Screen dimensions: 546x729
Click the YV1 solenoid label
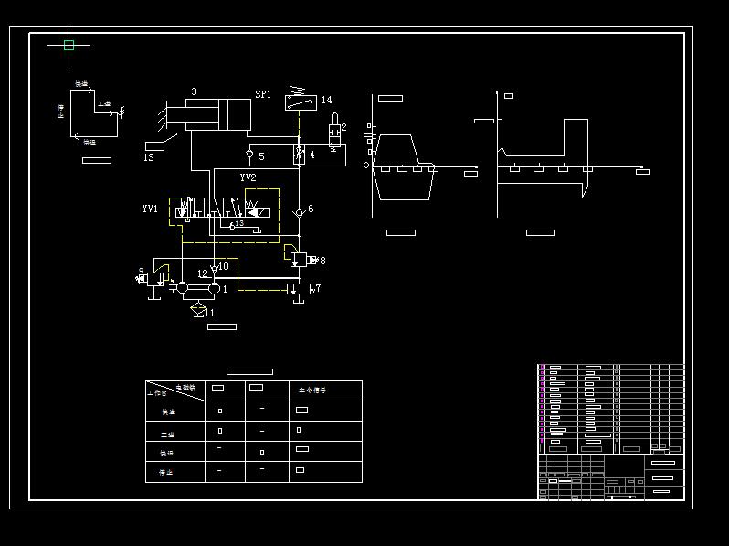150,209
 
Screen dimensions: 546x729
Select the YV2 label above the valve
248,177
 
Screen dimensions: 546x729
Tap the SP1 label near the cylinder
263,94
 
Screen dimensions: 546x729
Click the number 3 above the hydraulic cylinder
194,92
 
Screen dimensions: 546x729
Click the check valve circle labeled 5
249,155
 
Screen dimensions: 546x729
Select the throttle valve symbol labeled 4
299,154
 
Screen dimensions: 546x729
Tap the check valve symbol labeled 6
298,212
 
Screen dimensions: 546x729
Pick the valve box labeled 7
298,289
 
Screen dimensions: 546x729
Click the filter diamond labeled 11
199,311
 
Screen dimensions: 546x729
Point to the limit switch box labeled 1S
154,145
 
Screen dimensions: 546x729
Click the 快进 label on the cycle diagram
81,84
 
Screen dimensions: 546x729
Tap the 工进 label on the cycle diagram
103,104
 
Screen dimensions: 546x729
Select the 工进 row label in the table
167,434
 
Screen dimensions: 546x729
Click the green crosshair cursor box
69,44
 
